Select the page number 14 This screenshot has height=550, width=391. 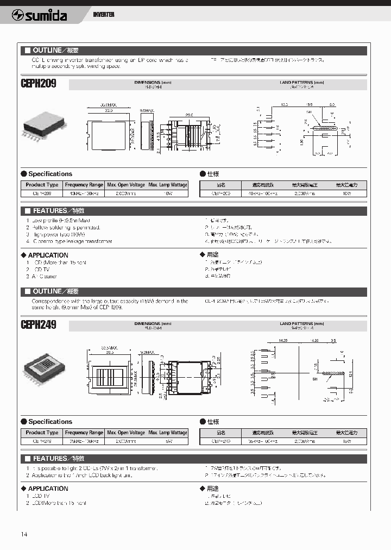pyautogui.click(x=24, y=534)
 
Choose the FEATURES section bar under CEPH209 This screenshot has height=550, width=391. pyautogui.click(x=195, y=210)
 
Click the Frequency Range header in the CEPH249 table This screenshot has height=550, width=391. pyautogui.click(x=84, y=433)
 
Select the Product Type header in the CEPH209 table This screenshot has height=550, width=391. pyautogui.click(x=42, y=185)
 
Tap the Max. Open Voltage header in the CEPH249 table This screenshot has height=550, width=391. pyautogui.click(x=126, y=433)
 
